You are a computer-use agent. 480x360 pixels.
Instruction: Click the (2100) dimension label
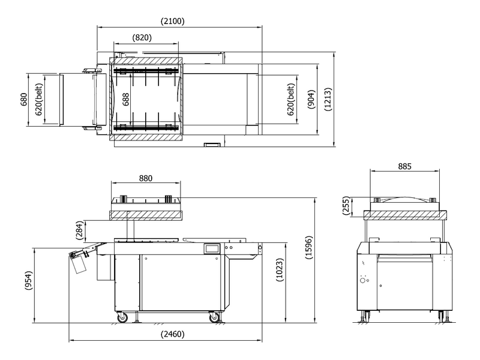click(x=173, y=21)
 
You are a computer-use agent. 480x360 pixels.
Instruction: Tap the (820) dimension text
click(x=142, y=37)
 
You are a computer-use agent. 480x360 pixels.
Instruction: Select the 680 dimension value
click(x=24, y=100)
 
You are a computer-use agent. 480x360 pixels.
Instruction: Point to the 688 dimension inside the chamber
click(x=125, y=100)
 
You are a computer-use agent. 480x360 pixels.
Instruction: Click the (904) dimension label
click(x=311, y=99)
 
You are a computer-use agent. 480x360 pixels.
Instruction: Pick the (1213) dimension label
click(x=328, y=99)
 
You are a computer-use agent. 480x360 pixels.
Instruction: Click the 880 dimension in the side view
click(x=146, y=178)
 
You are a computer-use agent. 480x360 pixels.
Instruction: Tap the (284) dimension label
click(x=79, y=230)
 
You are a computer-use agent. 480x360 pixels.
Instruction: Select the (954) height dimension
click(x=28, y=280)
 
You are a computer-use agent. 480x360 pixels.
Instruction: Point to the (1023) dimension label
click(x=280, y=270)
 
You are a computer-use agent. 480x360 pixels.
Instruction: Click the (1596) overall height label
click(x=309, y=247)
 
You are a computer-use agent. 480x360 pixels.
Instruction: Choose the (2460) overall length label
click(x=173, y=334)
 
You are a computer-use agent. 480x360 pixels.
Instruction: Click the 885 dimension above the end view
click(x=404, y=166)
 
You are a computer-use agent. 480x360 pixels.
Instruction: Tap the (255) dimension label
click(x=346, y=206)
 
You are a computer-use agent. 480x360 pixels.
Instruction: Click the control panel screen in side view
click(x=212, y=248)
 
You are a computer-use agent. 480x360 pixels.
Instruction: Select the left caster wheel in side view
click(x=122, y=317)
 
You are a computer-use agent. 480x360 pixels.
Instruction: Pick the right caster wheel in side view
click(x=214, y=317)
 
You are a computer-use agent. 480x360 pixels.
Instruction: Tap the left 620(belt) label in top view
click(x=39, y=100)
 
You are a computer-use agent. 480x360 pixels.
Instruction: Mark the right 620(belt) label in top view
click(x=291, y=100)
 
